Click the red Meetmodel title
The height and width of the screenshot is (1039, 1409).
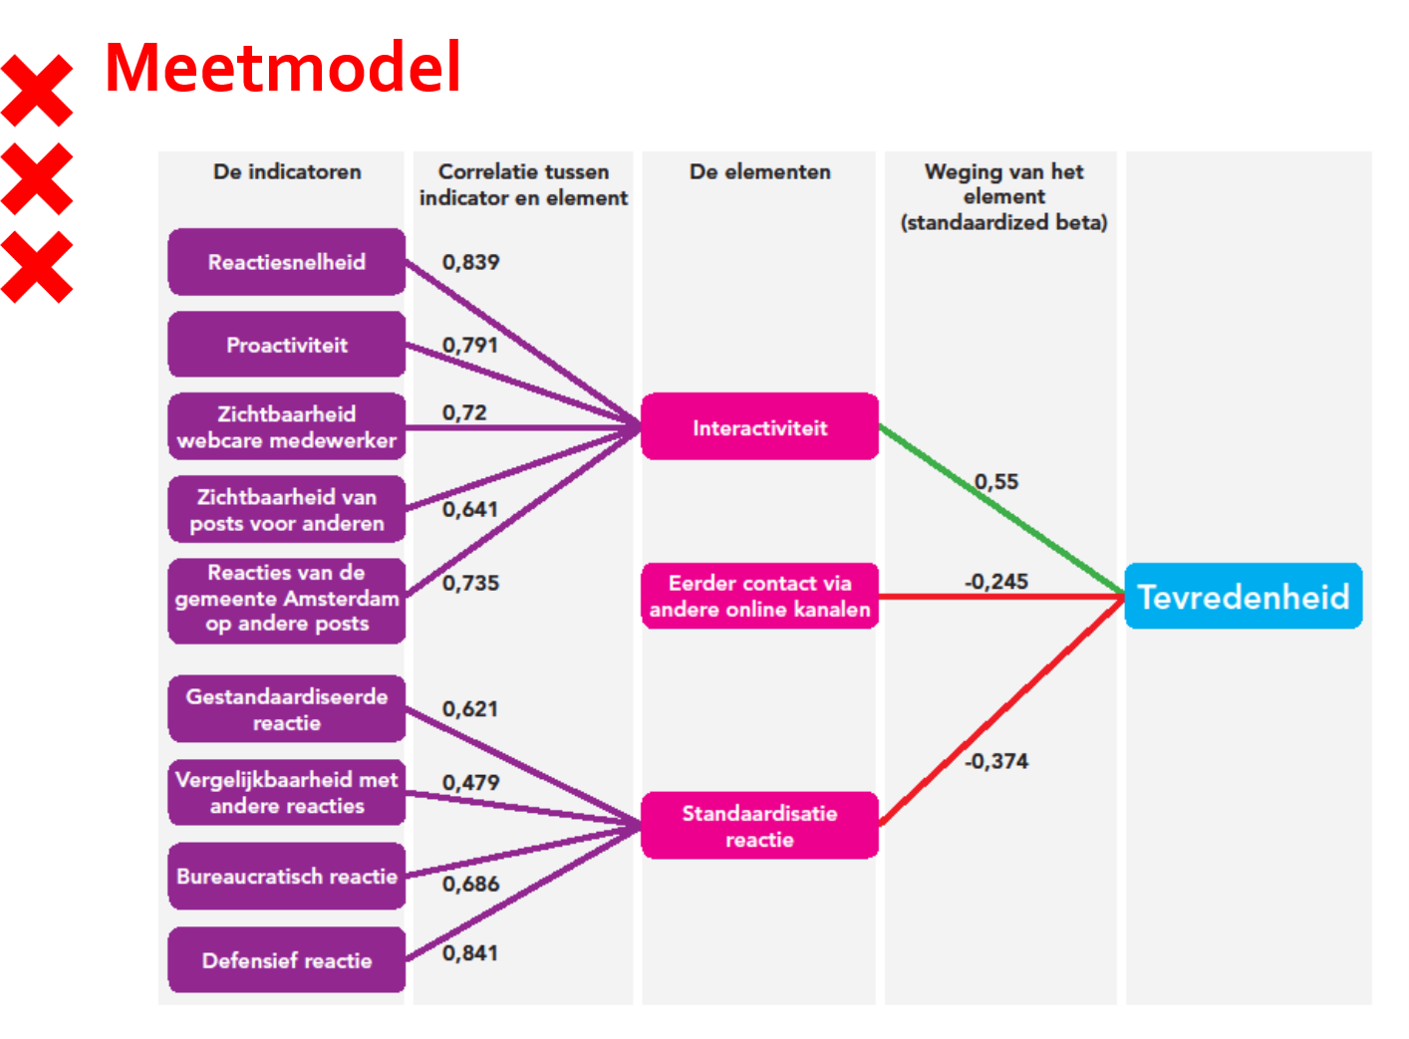pos(283,68)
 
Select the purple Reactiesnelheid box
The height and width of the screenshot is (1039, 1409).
pos(287,262)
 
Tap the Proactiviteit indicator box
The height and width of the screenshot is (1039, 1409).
pos(287,345)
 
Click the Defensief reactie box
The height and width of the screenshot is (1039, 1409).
pos(287,960)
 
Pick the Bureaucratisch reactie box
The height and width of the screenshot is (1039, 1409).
pos(287,877)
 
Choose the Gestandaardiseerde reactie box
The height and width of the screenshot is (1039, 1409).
pos(287,709)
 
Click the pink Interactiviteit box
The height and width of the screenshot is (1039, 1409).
pos(759,427)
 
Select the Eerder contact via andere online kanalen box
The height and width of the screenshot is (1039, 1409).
pos(759,596)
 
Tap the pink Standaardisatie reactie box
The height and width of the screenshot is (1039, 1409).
pos(759,826)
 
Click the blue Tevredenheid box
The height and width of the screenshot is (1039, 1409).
pos(1243,597)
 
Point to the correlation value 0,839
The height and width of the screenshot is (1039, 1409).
pos(470,262)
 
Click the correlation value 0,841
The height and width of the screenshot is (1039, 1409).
pos(470,953)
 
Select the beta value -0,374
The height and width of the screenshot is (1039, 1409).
pos(996,761)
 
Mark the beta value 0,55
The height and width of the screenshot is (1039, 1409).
pos(996,482)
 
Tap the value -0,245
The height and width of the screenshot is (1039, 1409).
pos(996,582)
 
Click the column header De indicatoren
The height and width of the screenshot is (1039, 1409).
pos(287,171)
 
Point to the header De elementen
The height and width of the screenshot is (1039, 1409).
pos(759,171)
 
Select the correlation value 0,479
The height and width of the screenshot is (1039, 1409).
pos(470,783)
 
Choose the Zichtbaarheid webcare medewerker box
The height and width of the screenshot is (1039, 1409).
pos(287,427)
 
